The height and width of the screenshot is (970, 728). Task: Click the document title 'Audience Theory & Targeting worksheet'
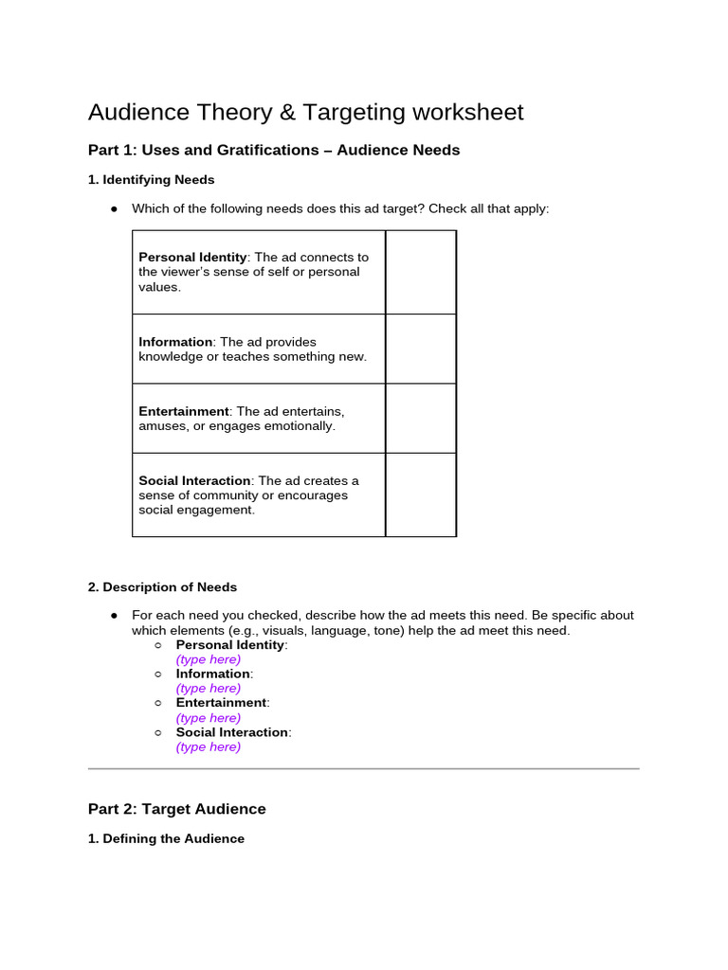tap(305, 113)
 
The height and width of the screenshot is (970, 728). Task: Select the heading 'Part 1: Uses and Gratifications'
tap(273, 150)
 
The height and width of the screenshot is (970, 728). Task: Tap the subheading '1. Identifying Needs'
tap(151, 179)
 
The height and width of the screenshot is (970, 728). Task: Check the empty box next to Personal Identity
tap(420, 272)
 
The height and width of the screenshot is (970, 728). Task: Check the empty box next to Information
tap(420, 349)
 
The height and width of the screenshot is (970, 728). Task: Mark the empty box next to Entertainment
tap(420, 418)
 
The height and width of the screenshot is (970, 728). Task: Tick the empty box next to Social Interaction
tap(420, 494)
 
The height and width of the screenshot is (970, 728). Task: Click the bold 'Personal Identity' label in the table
tap(192, 257)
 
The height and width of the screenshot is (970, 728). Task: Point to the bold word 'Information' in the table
tap(175, 342)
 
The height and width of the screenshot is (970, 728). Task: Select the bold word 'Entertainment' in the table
tap(184, 411)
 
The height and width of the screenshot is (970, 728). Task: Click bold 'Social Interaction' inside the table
tap(194, 480)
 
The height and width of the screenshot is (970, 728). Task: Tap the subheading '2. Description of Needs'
tap(162, 586)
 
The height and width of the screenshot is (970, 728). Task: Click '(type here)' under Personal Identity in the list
tap(209, 659)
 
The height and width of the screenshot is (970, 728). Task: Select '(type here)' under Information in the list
tap(209, 689)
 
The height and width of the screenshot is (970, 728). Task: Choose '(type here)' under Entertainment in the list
tap(209, 718)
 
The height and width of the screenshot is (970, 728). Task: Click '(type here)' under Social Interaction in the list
tap(209, 746)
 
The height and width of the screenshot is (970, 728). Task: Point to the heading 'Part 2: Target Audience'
tap(176, 809)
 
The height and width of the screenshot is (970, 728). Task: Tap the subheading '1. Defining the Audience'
tap(166, 838)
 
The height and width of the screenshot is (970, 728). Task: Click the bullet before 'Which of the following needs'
tap(114, 208)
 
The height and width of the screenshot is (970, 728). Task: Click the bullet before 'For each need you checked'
tap(114, 616)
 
